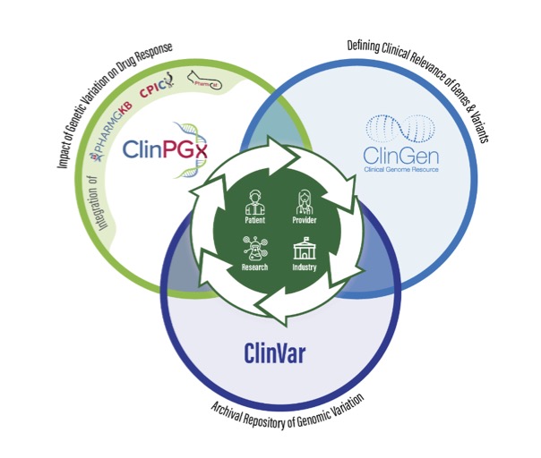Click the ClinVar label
pyautogui.click(x=274, y=352)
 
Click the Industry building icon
pyautogui.click(x=305, y=248)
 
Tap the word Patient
pyautogui.click(x=254, y=218)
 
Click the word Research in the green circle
pyautogui.click(x=254, y=267)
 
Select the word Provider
pyautogui.click(x=305, y=218)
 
